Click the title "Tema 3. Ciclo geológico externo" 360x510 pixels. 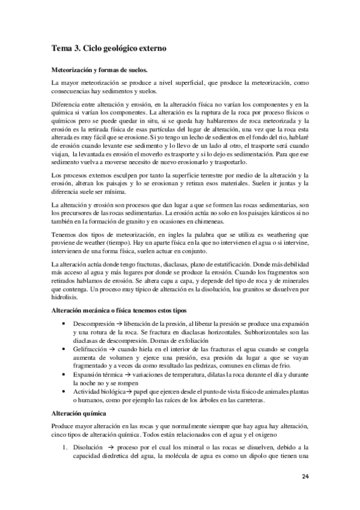(x=109, y=47)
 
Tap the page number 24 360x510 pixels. (x=306, y=478)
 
